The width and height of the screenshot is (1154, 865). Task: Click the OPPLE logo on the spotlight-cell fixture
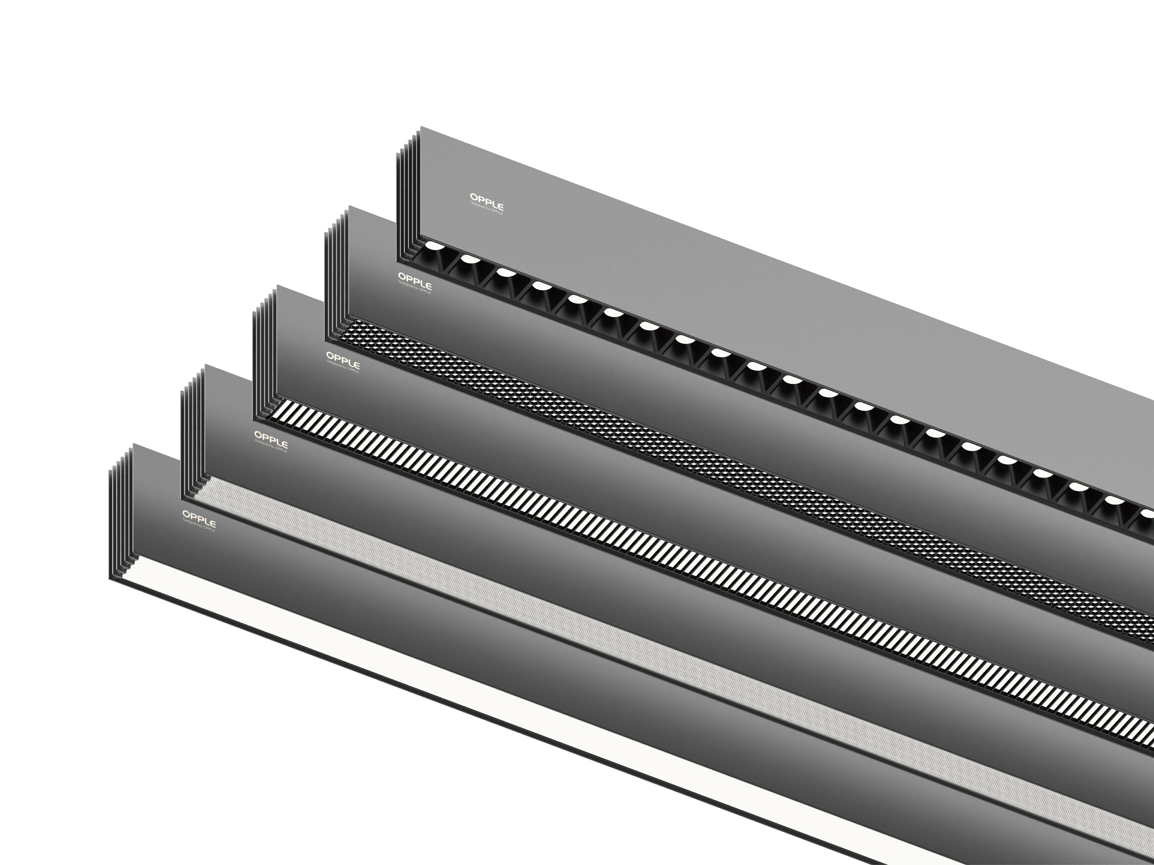[486, 198]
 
